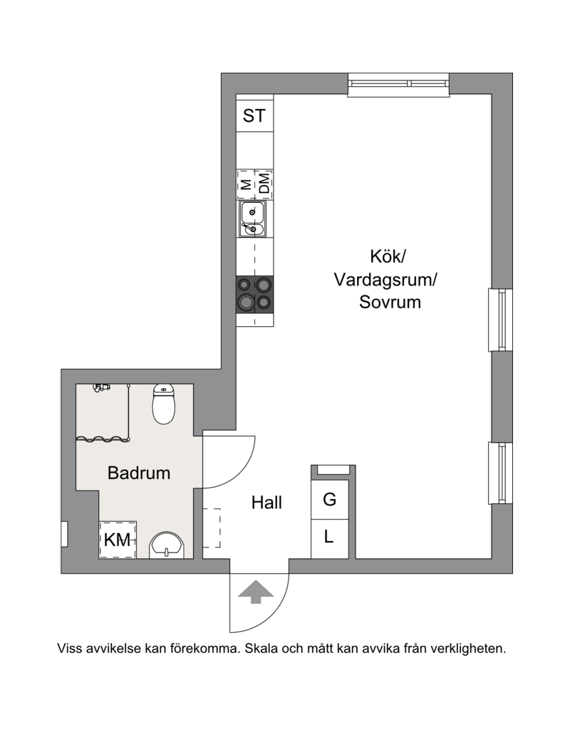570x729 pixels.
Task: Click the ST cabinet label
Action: [x=255, y=115]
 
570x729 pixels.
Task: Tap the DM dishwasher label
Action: [x=264, y=184]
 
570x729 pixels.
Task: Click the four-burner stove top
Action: [x=255, y=294]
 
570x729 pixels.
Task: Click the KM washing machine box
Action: [x=118, y=540]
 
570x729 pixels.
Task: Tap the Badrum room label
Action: [x=139, y=473]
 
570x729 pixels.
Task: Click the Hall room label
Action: [x=266, y=503]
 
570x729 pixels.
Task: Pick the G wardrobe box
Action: [x=329, y=500]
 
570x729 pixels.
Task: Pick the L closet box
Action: [x=329, y=537]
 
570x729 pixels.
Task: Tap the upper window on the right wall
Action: [x=502, y=320]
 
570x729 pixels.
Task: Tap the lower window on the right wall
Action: [x=502, y=473]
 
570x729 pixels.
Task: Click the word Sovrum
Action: [x=390, y=302]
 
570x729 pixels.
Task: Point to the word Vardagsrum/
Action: [x=385, y=279]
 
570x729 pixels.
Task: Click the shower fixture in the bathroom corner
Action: [x=102, y=387]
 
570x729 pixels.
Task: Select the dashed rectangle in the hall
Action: [x=212, y=528]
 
